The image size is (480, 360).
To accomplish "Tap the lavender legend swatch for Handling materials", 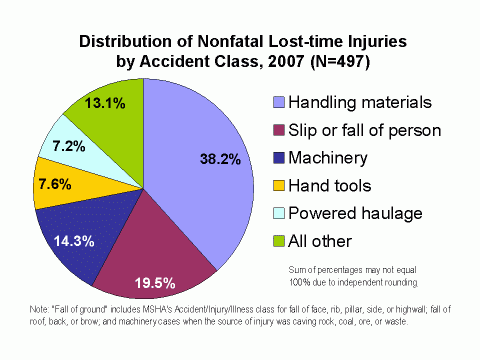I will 279,102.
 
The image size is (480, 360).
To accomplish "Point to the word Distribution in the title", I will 118,42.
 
